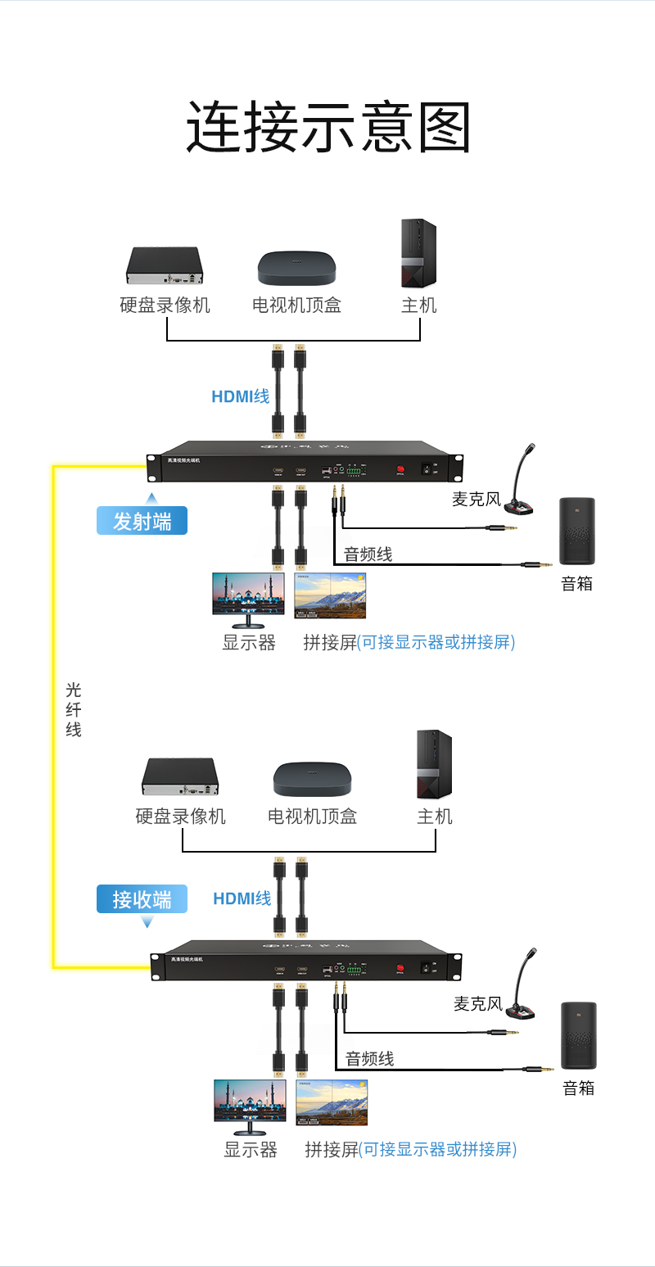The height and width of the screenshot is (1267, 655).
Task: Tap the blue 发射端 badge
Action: (142, 521)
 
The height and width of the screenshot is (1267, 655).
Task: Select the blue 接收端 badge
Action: (142, 899)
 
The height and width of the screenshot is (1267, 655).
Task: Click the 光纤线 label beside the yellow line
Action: (74, 709)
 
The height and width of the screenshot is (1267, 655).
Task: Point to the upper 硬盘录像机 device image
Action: (164, 265)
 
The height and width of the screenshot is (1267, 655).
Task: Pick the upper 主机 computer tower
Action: (418, 253)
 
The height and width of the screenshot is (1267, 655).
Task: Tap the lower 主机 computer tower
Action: (434, 764)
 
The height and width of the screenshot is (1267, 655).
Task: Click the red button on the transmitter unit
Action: (401, 469)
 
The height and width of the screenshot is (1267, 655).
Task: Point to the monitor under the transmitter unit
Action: (249, 596)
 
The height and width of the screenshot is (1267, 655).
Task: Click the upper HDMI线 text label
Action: (240, 396)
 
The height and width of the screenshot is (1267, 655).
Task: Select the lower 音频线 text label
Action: (369, 1058)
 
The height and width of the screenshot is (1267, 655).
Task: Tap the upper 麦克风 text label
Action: (476, 499)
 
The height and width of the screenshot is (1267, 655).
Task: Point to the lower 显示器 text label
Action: (251, 1149)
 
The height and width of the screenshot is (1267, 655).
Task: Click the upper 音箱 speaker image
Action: (577, 531)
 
